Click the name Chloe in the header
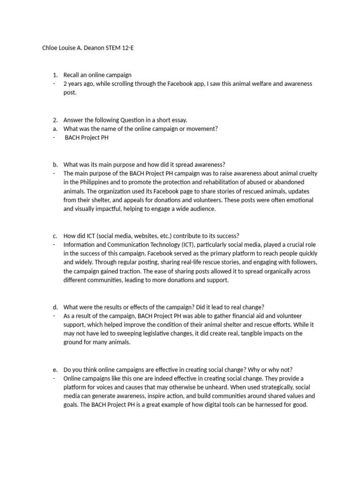[50, 48]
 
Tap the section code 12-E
[126, 48]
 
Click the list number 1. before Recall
[55, 75]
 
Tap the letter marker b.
[55, 165]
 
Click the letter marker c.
[55, 236]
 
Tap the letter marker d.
[55, 307]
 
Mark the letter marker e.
[55, 369]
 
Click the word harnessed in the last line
[265, 405]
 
